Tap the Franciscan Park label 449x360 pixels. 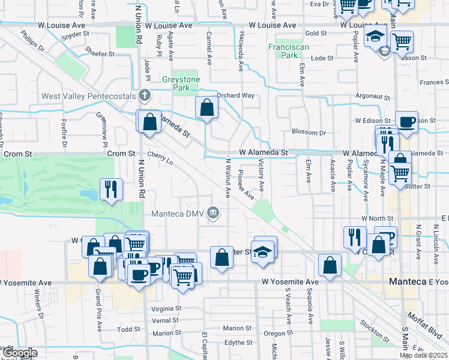click(x=283, y=50)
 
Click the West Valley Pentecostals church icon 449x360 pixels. click(x=144, y=95)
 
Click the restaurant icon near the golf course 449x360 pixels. click(x=110, y=189)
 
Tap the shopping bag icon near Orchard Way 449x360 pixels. click(x=206, y=109)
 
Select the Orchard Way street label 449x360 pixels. click(x=236, y=95)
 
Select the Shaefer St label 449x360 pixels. click(x=100, y=54)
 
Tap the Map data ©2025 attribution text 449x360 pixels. click(x=423, y=356)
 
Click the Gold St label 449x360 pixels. click(x=315, y=34)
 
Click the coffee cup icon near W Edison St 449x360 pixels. click(x=407, y=122)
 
